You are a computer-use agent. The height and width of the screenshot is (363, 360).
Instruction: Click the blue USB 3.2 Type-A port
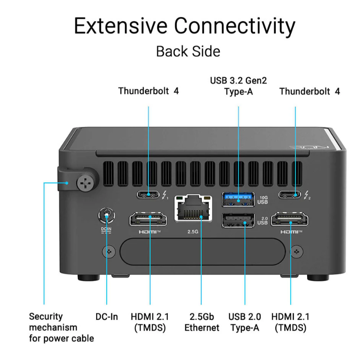tap(238, 199)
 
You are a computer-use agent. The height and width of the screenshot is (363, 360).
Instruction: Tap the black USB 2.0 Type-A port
tap(238, 220)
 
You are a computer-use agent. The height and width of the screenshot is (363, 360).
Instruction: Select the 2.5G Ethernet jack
tap(193, 208)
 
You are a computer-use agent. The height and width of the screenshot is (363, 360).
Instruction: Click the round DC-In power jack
tap(106, 216)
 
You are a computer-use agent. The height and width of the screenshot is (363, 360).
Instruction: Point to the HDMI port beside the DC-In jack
tap(148, 219)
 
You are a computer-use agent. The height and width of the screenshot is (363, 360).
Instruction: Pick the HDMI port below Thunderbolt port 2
tap(290, 219)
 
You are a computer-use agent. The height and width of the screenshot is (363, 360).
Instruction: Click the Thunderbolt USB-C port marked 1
tap(148, 194)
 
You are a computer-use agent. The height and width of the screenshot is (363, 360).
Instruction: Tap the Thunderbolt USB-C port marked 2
tap(290, 194)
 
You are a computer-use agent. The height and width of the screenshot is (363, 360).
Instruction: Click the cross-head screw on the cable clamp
tap(85, 184)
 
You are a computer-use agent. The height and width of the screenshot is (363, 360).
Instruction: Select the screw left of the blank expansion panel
tap(109, 252)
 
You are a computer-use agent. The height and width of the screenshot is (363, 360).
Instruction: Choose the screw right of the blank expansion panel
tap(297, 252)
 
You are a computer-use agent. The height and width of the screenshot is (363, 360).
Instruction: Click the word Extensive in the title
tap(120, 26)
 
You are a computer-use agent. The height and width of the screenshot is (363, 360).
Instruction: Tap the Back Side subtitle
tap(188, 51)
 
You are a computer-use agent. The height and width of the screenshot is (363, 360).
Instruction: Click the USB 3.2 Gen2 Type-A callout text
tap(238, 86)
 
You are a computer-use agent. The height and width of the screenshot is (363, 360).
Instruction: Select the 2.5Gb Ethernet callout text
tap(201, 322)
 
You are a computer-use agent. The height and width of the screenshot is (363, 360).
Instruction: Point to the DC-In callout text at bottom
tap(107, 317)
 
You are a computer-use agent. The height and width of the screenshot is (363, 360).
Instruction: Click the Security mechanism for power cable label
tap(62, 327)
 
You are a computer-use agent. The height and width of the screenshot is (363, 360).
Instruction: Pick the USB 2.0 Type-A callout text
tap(245, 322)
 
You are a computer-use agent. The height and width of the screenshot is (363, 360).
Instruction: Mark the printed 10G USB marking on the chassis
tap(263, 200)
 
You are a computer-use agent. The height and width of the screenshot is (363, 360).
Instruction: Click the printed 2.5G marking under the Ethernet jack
tap(193, 232)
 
